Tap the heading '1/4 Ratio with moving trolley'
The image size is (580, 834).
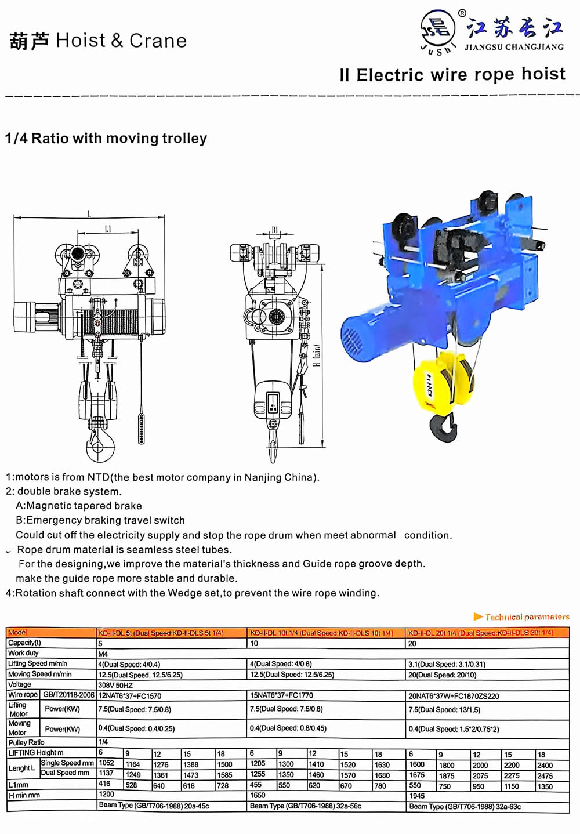tap(106, 139)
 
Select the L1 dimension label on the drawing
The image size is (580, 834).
tap(108, 229)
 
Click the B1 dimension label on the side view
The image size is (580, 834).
tap(275, 230)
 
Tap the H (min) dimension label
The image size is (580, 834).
tap(317, 355)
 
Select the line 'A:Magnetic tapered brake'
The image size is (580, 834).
tap(79, 506)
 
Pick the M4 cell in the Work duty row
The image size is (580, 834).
tap(103, 654)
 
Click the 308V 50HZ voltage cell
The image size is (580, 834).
tap(115, 685)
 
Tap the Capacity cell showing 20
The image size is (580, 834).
tap(412, 643)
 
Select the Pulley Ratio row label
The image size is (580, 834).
tap(26, 742)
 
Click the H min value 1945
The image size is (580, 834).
tap(417, 796)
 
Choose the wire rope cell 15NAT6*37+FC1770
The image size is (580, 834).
tap(281, 695)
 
